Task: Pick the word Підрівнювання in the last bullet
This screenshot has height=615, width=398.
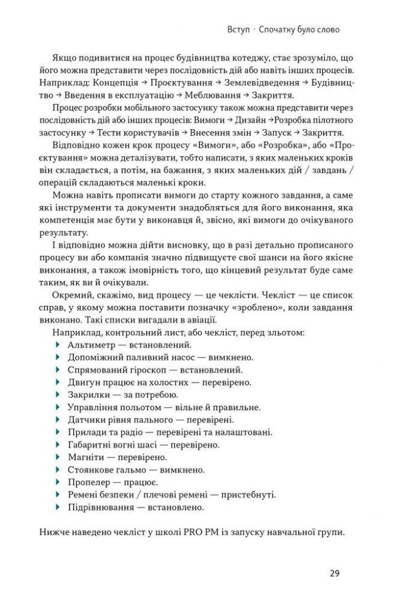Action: coord(100,507)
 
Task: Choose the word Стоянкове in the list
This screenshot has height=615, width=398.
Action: coord(93,469)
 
